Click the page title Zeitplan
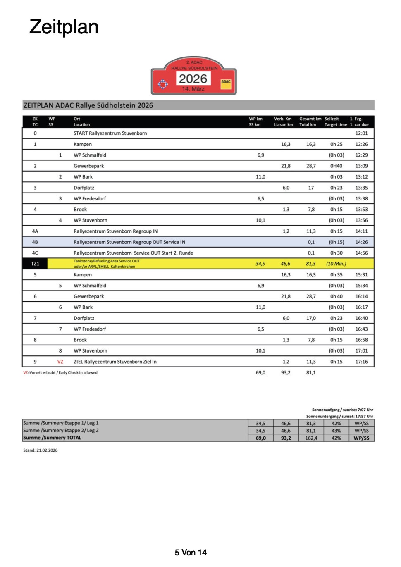pos(64,27)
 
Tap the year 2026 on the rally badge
pos(193,79)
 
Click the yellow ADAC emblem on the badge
pos(226,82)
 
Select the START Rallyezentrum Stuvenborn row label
pos(110,133)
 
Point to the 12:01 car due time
pos(361,133)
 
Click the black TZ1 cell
pos(35,264)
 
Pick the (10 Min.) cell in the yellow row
pos(336,264)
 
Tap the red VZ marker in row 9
pos(60,362)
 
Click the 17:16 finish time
pos(361,362)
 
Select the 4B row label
pos(35,242)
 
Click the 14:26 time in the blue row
pos(361,242)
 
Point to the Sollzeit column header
pos(332,119)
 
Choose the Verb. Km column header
pos(283,119)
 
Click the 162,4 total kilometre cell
pos(311,438)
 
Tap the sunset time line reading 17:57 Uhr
pos(339,416)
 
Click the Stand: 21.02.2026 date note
pos(41,450)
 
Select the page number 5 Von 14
pos(191,553)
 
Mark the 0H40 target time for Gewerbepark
pos(336,166)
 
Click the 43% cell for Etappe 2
pos(336,431)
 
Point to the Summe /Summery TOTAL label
pos(52,438)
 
